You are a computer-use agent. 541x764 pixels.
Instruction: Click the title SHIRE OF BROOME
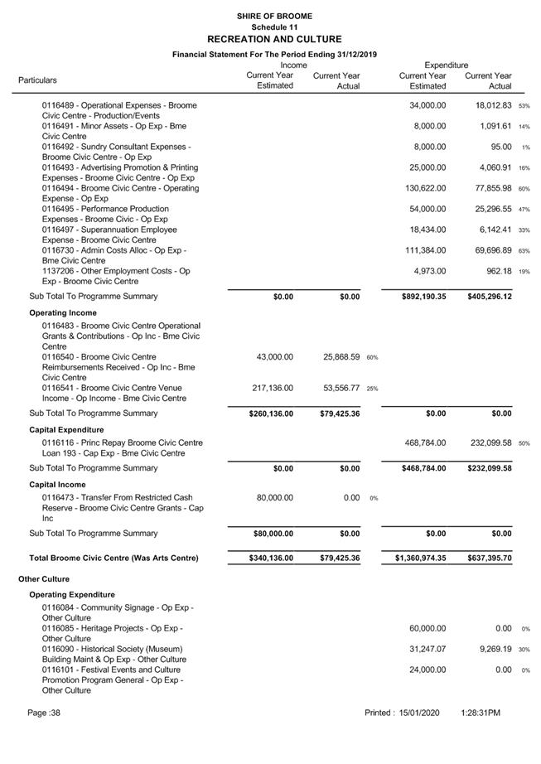[x=273, y=16]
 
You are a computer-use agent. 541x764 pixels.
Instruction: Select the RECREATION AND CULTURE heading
[x=273, y=39]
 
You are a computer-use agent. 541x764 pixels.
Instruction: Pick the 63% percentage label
[x=524, y=251]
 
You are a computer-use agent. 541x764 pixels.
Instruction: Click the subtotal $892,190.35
[x=423, y=297]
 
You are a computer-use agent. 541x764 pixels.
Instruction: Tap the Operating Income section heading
[x=63, y=313]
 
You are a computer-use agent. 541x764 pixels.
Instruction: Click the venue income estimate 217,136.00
[x=273, y=388]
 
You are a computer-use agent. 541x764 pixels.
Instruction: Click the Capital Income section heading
[x=57, y=485]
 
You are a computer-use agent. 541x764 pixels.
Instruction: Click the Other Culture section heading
[x=44, y=579]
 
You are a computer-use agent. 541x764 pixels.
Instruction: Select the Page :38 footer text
[x=44, y=713]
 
